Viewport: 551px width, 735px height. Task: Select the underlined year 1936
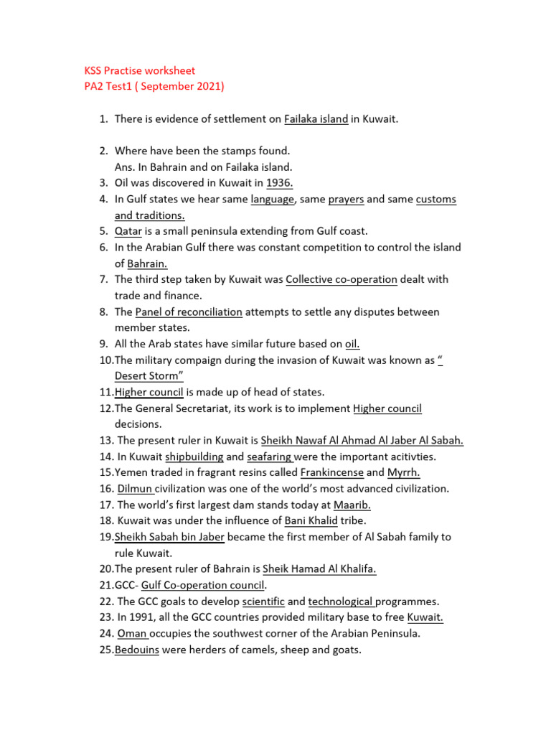point(279,183)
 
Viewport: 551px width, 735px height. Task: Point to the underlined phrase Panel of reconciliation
point(189,312)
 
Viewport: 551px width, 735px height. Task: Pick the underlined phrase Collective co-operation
point(341,279)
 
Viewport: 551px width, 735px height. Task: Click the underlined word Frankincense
point(331,473)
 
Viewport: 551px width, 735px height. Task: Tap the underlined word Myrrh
point(403,473)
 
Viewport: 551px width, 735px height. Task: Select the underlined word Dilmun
point(136,489)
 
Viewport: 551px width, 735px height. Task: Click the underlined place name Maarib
point(352,505)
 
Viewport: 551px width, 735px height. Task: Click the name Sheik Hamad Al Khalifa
point(319,569)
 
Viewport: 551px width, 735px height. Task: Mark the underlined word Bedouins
point(136,650)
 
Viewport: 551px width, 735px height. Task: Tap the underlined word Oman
point(132,634)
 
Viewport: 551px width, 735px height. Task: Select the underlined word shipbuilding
point(194,457)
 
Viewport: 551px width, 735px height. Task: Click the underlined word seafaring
point(269,457)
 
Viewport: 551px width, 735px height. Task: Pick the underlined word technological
point(342,601)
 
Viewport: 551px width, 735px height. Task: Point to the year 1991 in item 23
point(144,618)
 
